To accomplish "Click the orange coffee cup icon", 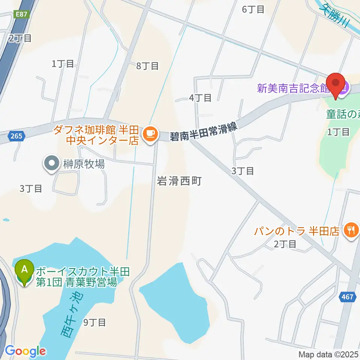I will (150, 133).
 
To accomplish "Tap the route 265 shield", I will (16, 137).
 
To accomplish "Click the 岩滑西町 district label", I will (180, 181).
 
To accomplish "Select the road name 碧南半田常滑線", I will (205, 132).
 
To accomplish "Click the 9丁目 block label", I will (94, 322).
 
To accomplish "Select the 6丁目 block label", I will (253, 9).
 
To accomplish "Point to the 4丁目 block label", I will (200, 98).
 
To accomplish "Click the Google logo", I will (25, 351).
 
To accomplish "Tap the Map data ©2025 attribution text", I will (328, 354).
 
